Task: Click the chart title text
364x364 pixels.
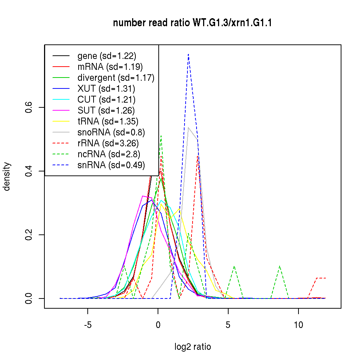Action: click(x=193, y=23)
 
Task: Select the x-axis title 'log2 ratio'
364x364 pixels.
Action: click(x=193, y=347)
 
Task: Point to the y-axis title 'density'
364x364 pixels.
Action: click(x=7, y=176)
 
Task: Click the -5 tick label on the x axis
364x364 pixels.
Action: click(x=88, y=325)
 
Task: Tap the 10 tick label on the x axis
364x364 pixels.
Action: click(x=298, y=325)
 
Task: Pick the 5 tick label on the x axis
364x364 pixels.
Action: click(x=228, y=325)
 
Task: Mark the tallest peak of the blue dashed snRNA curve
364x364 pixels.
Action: click(x=188, y=54)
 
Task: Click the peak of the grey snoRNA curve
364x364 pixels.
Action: click(x=188, y=127)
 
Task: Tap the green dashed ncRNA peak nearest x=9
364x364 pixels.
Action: click(x=280, y=266)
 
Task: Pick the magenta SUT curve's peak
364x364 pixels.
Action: click(x=143, y=196)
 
